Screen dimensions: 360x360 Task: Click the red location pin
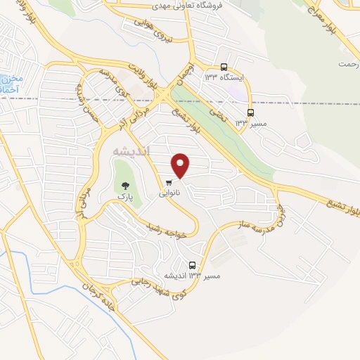(181, 165)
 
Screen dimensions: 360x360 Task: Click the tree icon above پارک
(124, 187)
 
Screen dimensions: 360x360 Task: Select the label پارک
(125, 199)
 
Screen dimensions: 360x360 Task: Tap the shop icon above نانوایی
(168, 182)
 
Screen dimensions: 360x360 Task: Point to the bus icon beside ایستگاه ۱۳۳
(224, 67)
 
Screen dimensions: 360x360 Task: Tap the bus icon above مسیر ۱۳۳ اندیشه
(193, 265)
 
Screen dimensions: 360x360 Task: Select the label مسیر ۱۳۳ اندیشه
(192, 276)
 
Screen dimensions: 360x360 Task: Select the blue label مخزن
(12, 79)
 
